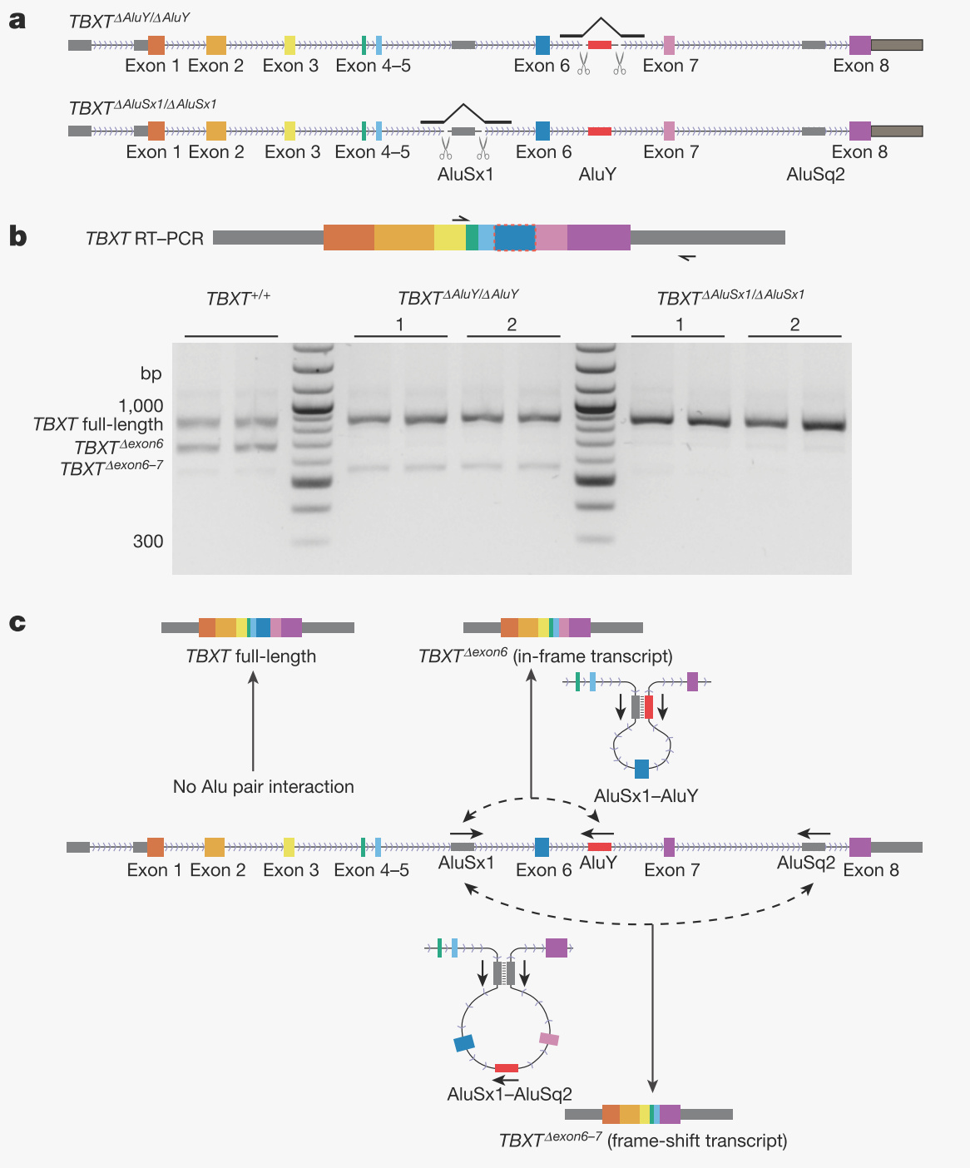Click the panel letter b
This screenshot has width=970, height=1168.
click(17, 237)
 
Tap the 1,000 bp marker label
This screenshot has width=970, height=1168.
click(141, 406)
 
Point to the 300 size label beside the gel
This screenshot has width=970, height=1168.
click(148, 542)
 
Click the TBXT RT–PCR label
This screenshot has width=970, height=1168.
click(145, 239)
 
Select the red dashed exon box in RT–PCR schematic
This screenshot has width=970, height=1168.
click(514, 238)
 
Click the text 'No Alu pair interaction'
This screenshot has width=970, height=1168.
click(263, 787)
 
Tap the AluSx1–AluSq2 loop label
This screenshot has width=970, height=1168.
click(509, 1094)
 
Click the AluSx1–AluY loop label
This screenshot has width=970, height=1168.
click(646, 796)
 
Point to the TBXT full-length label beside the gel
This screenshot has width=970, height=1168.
click(98, 424)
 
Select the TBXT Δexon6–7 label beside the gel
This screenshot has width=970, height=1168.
click(111, 468)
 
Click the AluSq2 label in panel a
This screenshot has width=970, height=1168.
click(815, 175)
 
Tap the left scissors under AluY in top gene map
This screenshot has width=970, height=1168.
click(584, 64)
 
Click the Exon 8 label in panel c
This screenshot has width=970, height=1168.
click(871, 870)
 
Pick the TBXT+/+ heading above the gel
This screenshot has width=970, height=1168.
click(238, 298)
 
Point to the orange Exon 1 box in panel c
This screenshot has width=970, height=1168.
click(156, 848)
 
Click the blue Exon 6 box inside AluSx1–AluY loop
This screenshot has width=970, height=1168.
click(641, 769)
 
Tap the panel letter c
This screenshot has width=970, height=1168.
click(17, 623)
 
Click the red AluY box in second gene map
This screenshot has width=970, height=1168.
click(599, 131)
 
